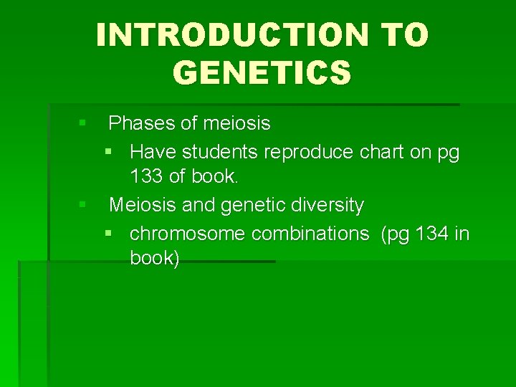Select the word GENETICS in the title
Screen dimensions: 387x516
pos(262,72)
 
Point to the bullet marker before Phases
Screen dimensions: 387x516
pos(83,124)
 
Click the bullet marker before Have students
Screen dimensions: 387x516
pos(108,152)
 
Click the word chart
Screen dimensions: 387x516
pos(381,152)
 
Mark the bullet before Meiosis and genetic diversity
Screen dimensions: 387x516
pos(83,206)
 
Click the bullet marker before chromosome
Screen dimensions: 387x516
pos(108,234)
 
